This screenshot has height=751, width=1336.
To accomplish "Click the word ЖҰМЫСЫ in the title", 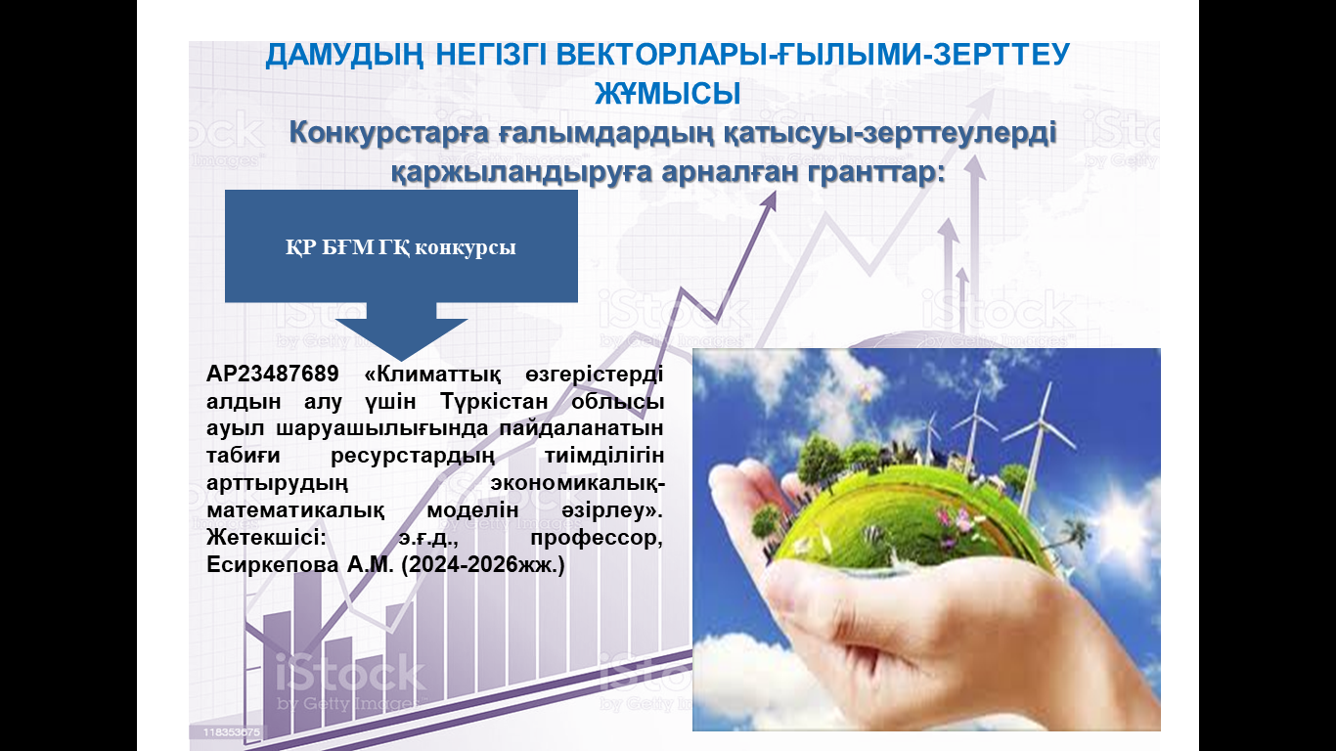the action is (668, 94).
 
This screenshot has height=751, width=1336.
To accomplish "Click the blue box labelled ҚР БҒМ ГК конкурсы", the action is (401, 245).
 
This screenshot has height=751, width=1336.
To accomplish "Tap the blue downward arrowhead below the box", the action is (401, 339).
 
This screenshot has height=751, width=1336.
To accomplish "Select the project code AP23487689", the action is (273, 374).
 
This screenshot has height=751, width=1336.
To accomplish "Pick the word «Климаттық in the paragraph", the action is (432, 375).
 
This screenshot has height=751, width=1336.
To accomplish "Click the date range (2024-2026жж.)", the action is (483, 565).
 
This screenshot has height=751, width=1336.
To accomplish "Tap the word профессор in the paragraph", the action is (597, 539).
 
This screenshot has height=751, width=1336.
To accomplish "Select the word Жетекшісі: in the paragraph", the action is (266, 538).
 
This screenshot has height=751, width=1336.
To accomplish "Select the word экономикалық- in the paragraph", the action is (577, 483).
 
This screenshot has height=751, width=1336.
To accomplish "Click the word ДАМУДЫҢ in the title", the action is (344, 56).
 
